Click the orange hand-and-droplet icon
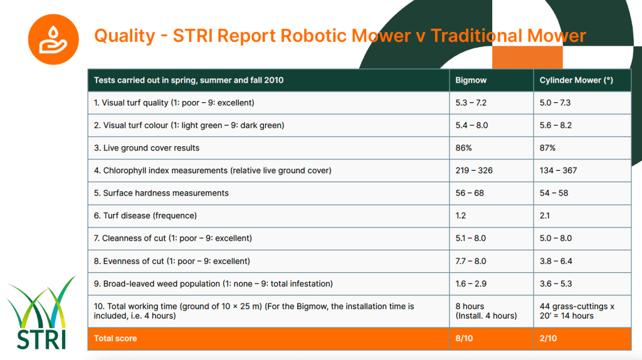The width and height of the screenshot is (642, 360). pos(53,39)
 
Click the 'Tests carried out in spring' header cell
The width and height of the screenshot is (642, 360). pos(189,80)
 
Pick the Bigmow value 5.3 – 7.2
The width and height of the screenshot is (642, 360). pos(471,103)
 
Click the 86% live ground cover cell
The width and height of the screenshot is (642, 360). pos(464,148)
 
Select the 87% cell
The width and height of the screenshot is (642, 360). pos(548,148)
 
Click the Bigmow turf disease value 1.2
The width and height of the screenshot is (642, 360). pos(461,216)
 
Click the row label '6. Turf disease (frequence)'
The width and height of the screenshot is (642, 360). pos(145,216)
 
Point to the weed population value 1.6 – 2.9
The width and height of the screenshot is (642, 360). pos(471,283)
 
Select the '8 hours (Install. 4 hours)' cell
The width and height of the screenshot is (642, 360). pos(486,311)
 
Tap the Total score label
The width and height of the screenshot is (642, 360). pos(115,339)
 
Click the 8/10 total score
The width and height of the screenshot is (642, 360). pos(464,339)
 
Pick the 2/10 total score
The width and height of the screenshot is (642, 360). pos(548,339)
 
